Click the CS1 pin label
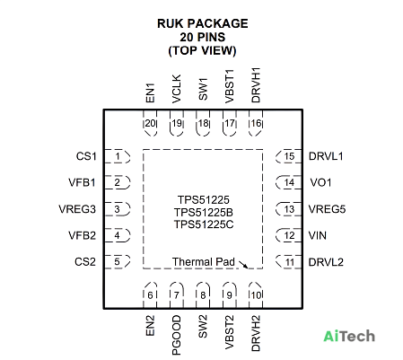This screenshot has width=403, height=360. [x=86, y=156]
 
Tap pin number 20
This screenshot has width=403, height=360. [x=150, y=123]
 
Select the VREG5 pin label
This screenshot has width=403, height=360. [x=327, y=209]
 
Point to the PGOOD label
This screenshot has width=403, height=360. [x=177, y=335]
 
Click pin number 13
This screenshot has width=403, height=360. [x=289, y=209]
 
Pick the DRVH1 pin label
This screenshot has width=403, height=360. [x=256, y=85]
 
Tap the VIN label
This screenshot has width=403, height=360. [x=318, y=235]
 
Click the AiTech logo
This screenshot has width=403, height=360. [x=349, y=336]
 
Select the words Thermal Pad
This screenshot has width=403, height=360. [x=204, y=262]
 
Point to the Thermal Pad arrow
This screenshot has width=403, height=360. [x=243, y=265]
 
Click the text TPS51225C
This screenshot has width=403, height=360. [x=204, y=224]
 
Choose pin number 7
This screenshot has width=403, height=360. [x=177, y=295]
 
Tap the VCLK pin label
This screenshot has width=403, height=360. [x=177, y=89]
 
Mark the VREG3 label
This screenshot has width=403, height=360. [x=77, y=209]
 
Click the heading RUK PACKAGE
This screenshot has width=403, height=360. [x=203, y=23]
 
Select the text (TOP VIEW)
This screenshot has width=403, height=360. [x=202, y=50]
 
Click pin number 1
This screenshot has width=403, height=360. [x=118, y=156]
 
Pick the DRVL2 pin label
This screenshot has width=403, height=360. [x=326, y=262]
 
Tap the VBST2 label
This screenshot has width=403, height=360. [x=230, y=332]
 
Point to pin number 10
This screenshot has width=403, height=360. [x=256, y=295]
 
